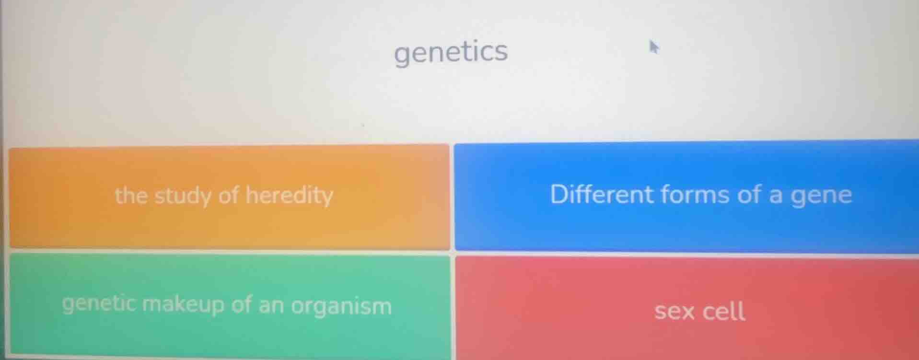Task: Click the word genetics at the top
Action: pos(451,52)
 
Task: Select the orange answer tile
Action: pos(229,197)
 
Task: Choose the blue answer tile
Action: pos(686,196)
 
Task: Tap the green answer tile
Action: pos(229,305)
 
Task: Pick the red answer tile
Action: pos(686,309)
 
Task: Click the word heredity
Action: pos(289,195)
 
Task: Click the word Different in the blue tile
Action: pos(602,194)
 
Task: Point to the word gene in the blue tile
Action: pos(821,196)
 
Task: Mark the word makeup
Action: pos(184,305)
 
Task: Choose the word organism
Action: pos(341,306)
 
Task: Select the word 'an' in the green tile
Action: pos(271,305)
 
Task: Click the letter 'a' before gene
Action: pos(775,196)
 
